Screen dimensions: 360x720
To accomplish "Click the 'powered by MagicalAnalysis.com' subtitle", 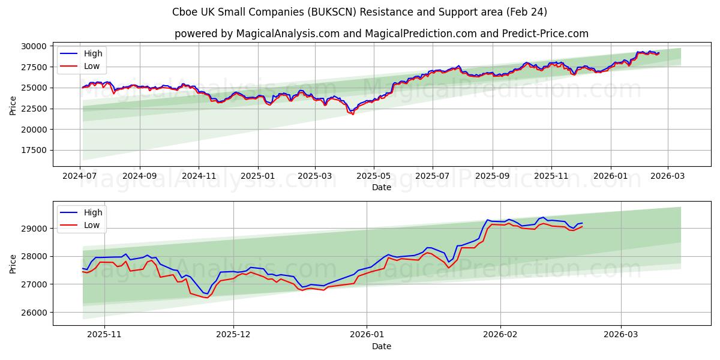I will (382, 34).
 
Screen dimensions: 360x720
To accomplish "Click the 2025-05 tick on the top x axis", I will (374, 176).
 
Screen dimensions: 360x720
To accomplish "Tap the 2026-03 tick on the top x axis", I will (667, 176).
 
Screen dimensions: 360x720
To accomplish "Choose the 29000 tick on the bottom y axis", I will (35, 229).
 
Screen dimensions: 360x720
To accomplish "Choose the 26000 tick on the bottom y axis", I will (35, 313).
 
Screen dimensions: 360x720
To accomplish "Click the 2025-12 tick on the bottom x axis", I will (233, 335).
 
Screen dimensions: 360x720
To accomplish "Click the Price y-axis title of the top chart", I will (13, 106).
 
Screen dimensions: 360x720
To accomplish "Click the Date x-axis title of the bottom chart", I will (382, 346).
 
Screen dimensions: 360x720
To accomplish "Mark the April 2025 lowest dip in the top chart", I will (352, 114).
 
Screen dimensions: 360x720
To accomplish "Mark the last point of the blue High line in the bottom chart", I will (582, 223).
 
